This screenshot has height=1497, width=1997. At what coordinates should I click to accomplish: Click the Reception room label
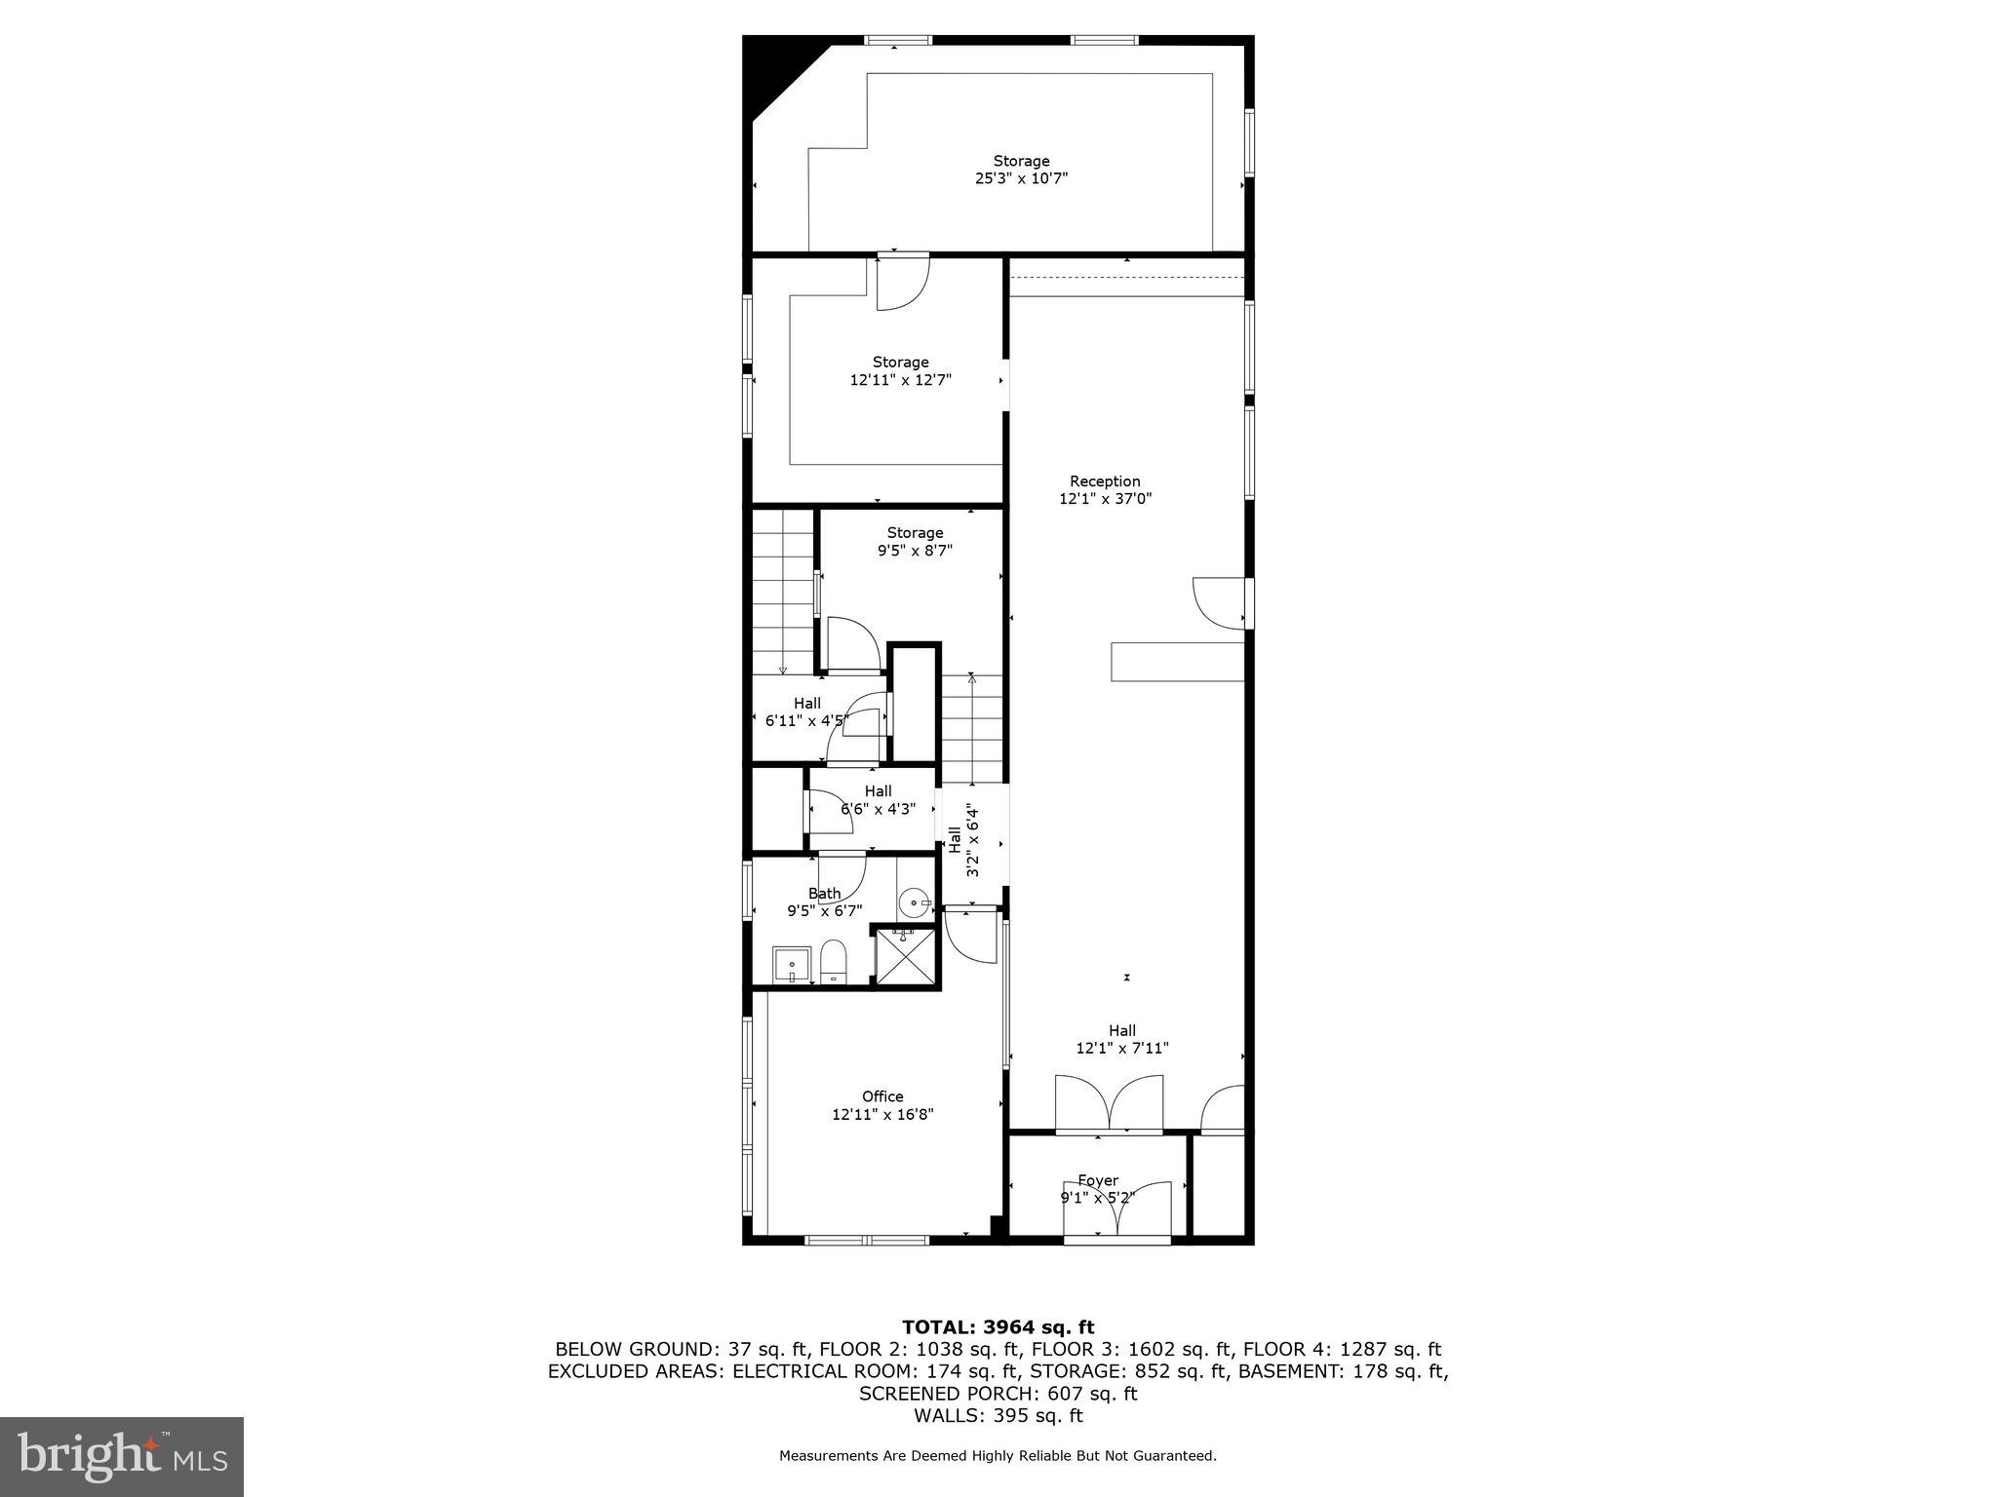pos(1104,481)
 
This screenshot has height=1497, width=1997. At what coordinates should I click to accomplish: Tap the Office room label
pos(881,1096)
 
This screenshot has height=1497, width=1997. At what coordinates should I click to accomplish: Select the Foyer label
pos(1097,1180)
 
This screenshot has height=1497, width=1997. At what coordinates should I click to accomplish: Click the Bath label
pos(824,894)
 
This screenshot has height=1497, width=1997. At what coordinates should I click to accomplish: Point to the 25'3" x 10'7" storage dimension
pos(1021,179)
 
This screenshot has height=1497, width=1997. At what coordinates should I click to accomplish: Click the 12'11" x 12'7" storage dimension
pos(899,380)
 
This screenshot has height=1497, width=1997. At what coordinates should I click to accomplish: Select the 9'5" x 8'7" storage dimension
pos(914,551)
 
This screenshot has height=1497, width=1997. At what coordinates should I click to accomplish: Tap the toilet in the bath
pos(833,963)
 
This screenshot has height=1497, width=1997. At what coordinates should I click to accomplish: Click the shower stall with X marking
pos(906,958)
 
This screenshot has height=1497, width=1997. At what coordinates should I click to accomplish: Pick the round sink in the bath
pos(914,902)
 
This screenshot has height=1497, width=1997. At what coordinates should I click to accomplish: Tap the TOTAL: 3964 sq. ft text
pos(998,1327)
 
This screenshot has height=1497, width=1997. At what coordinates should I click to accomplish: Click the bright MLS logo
pos(122,1456)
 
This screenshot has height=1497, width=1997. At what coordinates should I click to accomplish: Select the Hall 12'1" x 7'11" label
pos(1121,1039)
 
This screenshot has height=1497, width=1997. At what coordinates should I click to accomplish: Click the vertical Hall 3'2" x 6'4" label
pos(963,840)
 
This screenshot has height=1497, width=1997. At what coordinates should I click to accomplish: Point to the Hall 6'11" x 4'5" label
pos(806,712)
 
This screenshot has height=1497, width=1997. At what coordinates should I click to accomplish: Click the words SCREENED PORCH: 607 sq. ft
pos(998,1394)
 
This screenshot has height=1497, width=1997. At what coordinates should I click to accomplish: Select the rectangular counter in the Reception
pos(1177,661)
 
